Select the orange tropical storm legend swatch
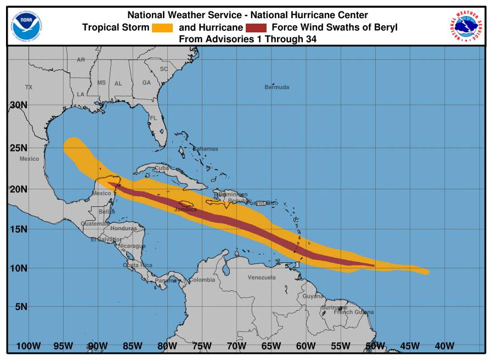point(162,27)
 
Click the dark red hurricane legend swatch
point(256,27)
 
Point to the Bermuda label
point(276,87)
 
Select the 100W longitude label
point(29,346)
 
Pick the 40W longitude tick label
point(444,346)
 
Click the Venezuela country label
point(262,278)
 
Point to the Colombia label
point(202,280)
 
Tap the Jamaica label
point(185,210)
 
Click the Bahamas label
point(205,149)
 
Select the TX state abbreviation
point(29,87)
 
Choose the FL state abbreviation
point(154,118)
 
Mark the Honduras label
point(123,228)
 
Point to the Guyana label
point(313,296)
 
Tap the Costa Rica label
point(138,265)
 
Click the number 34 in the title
point(312,39)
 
